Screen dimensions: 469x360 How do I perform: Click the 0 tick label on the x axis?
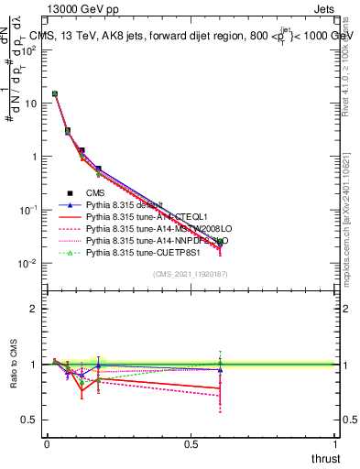click(x=47, y=443)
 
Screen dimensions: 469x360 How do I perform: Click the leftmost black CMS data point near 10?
click(x=55, y=93)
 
